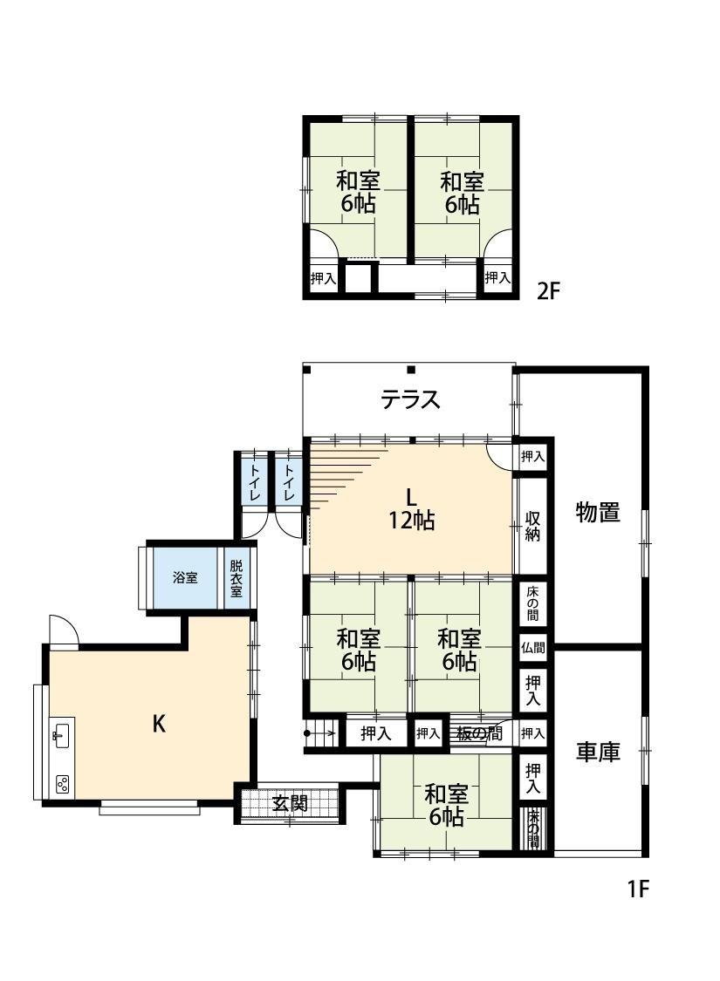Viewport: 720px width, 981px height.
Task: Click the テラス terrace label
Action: coord(411,399)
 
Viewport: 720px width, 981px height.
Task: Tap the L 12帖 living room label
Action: coord(411,509)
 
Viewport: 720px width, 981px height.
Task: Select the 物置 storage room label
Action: coord(598,513)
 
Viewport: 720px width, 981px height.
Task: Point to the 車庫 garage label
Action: coord(598,752)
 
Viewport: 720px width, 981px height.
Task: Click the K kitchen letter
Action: coord(159,725)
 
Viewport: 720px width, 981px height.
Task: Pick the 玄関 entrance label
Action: coord(290,803)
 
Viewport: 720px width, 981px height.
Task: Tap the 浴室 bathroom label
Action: coord(185,577)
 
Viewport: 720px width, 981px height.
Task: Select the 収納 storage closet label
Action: coord(532,527)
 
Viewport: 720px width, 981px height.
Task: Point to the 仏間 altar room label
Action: coord(532,648)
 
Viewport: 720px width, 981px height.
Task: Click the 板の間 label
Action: coord(479,733)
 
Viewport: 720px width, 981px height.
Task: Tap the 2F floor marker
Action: coord(548,291)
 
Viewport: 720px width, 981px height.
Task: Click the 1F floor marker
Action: coord(638,889)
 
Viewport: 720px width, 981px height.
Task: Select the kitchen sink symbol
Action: coord(61,732)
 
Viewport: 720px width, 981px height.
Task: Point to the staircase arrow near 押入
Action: coord(320,732)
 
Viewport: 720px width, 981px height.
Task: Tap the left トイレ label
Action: coord(255,481)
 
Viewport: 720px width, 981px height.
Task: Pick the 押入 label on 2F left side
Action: coord(324,278)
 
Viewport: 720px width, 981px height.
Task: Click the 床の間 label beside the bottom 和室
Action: coord(533,829)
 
